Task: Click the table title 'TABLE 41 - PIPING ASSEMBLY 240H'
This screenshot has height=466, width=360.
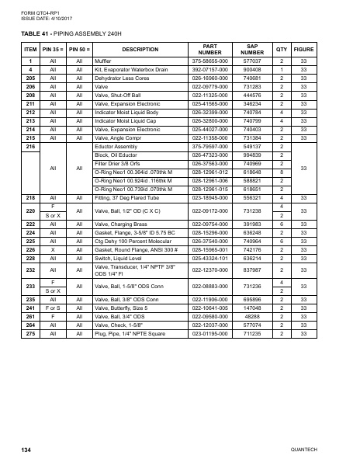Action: click(71, 34)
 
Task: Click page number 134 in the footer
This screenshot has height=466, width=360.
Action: click(26, 450)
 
